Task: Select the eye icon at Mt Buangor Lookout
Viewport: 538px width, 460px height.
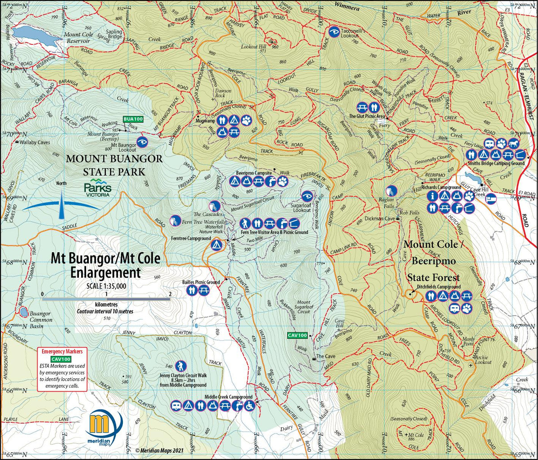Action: pos(142,141)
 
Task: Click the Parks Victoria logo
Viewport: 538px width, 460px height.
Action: pos(97,188)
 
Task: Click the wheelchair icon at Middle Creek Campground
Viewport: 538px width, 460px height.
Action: pos(249,406)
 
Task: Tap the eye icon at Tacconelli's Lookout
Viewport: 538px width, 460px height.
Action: pos(334,32)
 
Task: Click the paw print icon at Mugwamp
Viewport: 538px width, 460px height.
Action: pos(246,120)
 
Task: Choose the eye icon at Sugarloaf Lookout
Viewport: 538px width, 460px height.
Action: pos(307,197)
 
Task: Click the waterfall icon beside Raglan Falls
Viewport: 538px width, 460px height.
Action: pos(391,190)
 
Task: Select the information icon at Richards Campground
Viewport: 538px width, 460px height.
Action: pos(432,196)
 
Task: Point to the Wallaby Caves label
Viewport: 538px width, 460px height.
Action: pos(34,142)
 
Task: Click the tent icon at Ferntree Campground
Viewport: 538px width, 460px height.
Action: pos(216,245)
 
